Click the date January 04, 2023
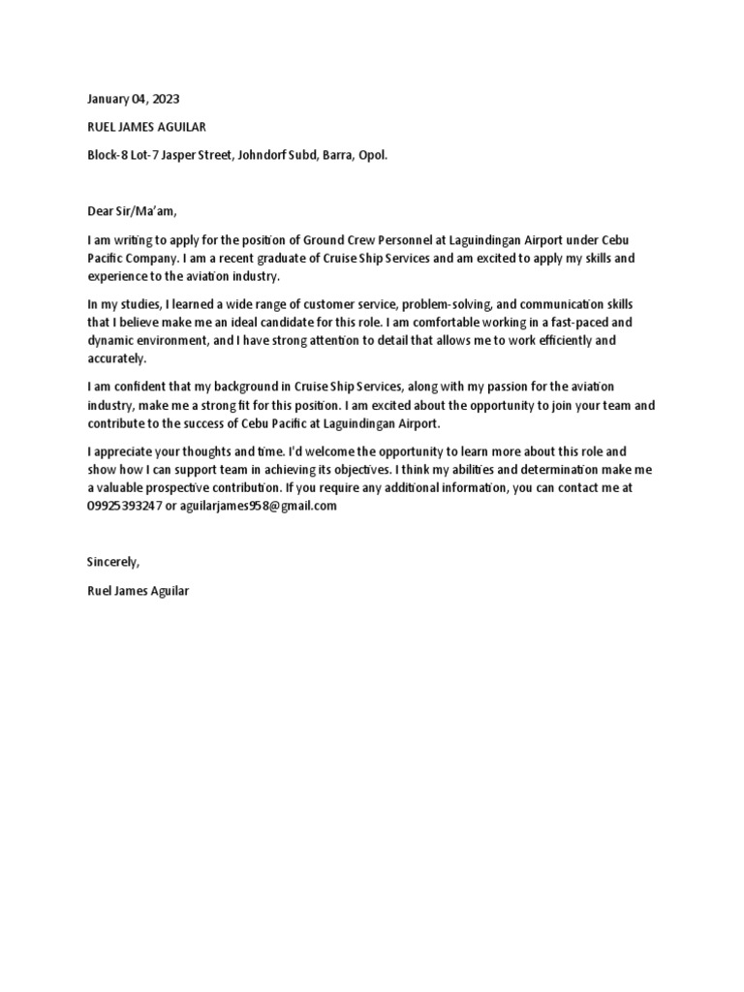(x=133, y=99)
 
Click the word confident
(x=136, y=387)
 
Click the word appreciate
(x=127, y=452)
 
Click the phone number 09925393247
(x=124, y=507)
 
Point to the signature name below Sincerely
(x=138, y=590)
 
